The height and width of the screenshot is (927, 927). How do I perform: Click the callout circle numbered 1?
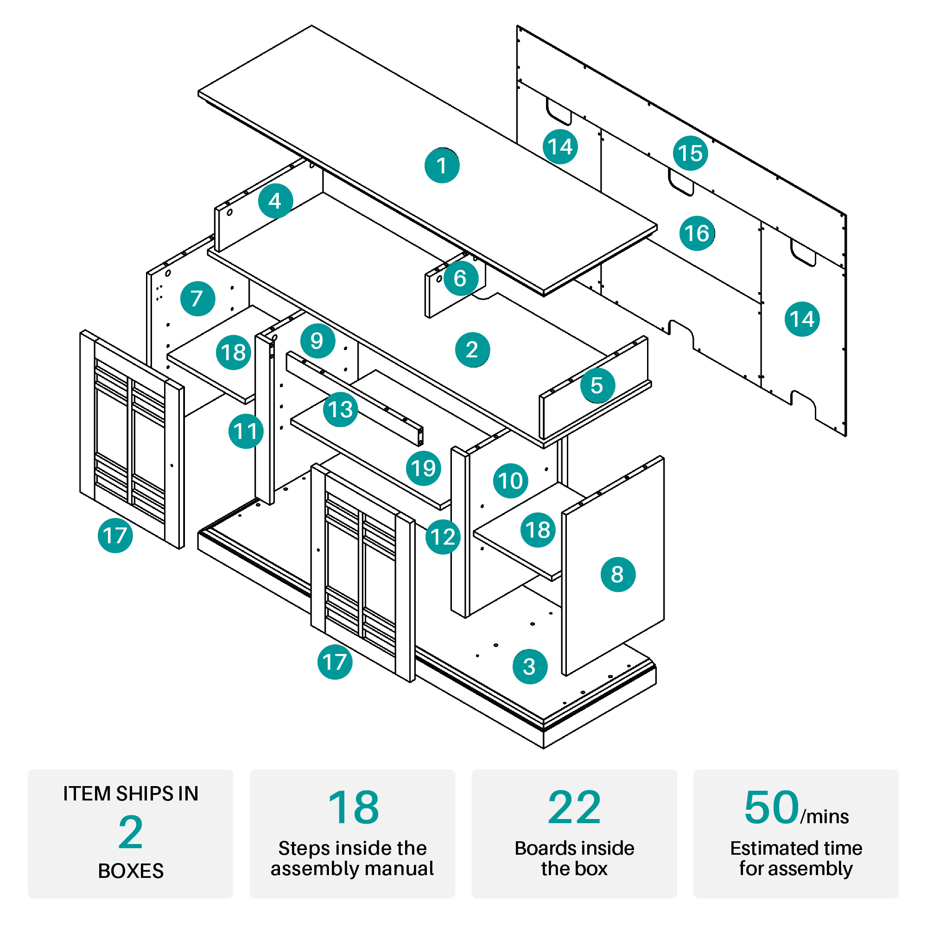[442, 165]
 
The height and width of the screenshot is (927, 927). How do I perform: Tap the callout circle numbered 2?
[473, 350]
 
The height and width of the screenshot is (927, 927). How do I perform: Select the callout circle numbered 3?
[530, 667]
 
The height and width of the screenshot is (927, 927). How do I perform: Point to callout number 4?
[275, 201]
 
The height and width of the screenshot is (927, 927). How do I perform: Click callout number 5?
[597, 385]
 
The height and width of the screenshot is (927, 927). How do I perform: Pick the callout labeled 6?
[461, 278]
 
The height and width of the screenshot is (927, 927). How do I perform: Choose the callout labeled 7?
[198, 298]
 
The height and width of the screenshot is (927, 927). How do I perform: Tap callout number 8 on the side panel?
[618, 574]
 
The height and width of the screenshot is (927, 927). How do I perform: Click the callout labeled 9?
[317, 341]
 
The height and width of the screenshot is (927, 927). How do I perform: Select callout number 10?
[510, 481]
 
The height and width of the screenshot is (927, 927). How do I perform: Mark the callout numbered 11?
[246, 432]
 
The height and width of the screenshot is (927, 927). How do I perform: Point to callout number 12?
[443, 537]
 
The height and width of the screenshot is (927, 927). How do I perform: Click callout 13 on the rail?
[340, 410]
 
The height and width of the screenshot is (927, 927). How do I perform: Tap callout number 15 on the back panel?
[691, 153]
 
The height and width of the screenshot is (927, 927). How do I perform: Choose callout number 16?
[697, 233]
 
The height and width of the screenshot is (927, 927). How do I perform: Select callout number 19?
[423, 468]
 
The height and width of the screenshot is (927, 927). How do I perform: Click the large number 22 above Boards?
[574, 808]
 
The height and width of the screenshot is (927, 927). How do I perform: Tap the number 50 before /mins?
[772, 807]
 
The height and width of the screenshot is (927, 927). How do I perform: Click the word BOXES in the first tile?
[131, 871]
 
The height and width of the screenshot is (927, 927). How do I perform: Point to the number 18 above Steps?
[354, 808]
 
